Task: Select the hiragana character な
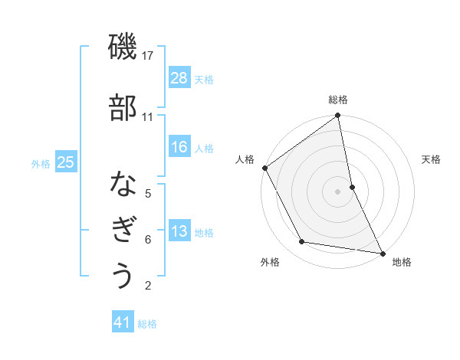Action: pyautogui.click(x=123, y=185)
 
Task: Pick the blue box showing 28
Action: pyautogui.click(x=179, y=77)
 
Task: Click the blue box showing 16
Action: pyautogui.click(x=179, y=147)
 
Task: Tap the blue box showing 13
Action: pyautogui.click(x=179, y=231)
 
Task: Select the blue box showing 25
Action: pyautogui.click(x=66, y=162)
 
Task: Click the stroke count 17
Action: pyautogui.click(x=148, y=56)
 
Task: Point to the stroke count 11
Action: pyautogui.click(x=148, y=117)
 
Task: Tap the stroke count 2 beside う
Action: pyautogui.click(x=148, y=286)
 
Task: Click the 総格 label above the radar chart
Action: pyautogui.click(x=338, y=100)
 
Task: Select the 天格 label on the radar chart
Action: pyautogui.click(x=431, y=159)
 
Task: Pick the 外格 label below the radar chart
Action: pyautogui.click(x=270, y=262)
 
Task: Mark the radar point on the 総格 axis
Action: pyautogui.click(x=338, y=116)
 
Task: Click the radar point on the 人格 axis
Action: pyautogui.click(x=264, y=168)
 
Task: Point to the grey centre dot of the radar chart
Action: pyautogui.click(x=338, y=191)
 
